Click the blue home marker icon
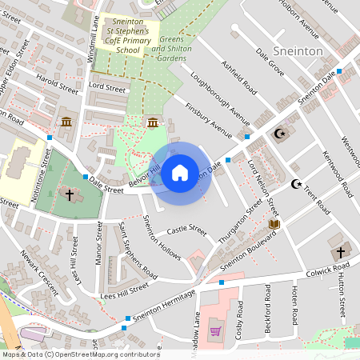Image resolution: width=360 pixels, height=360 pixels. click(x=180, y=172)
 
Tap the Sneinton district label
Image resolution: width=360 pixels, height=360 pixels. click(x=298, y=50)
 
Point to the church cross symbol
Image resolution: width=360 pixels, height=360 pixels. click(x=69, y=194)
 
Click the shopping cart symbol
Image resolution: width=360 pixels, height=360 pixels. click(x=214, y=330)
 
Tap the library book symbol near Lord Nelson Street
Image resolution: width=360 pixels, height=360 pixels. click(x=274, y=224)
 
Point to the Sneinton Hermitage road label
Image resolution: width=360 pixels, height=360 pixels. click(x=165, y=306)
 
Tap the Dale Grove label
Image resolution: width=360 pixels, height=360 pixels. click(x=270, y=62)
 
